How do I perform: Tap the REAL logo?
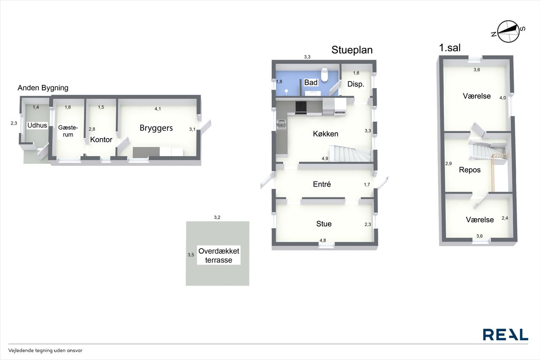(505, 335)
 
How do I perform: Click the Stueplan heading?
(352, 50)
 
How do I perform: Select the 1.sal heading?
(450, 48)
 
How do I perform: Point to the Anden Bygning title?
(43, 88)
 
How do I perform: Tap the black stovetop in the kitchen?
(301, 107)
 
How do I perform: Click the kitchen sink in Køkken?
(281, 125)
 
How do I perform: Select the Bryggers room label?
(156, 128)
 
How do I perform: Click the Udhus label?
(37, 125)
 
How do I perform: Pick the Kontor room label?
(101, 140)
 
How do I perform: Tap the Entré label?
(322, 184)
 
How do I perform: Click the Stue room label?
(324, 224)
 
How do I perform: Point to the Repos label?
(470, 170)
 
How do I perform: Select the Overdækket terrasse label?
(219, 256)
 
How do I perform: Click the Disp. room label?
(356, 84)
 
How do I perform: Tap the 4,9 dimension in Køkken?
(325, 159)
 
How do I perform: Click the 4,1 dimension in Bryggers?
(158, 109)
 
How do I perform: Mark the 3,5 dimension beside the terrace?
(191, 255)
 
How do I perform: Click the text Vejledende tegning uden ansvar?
(45, 350)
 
